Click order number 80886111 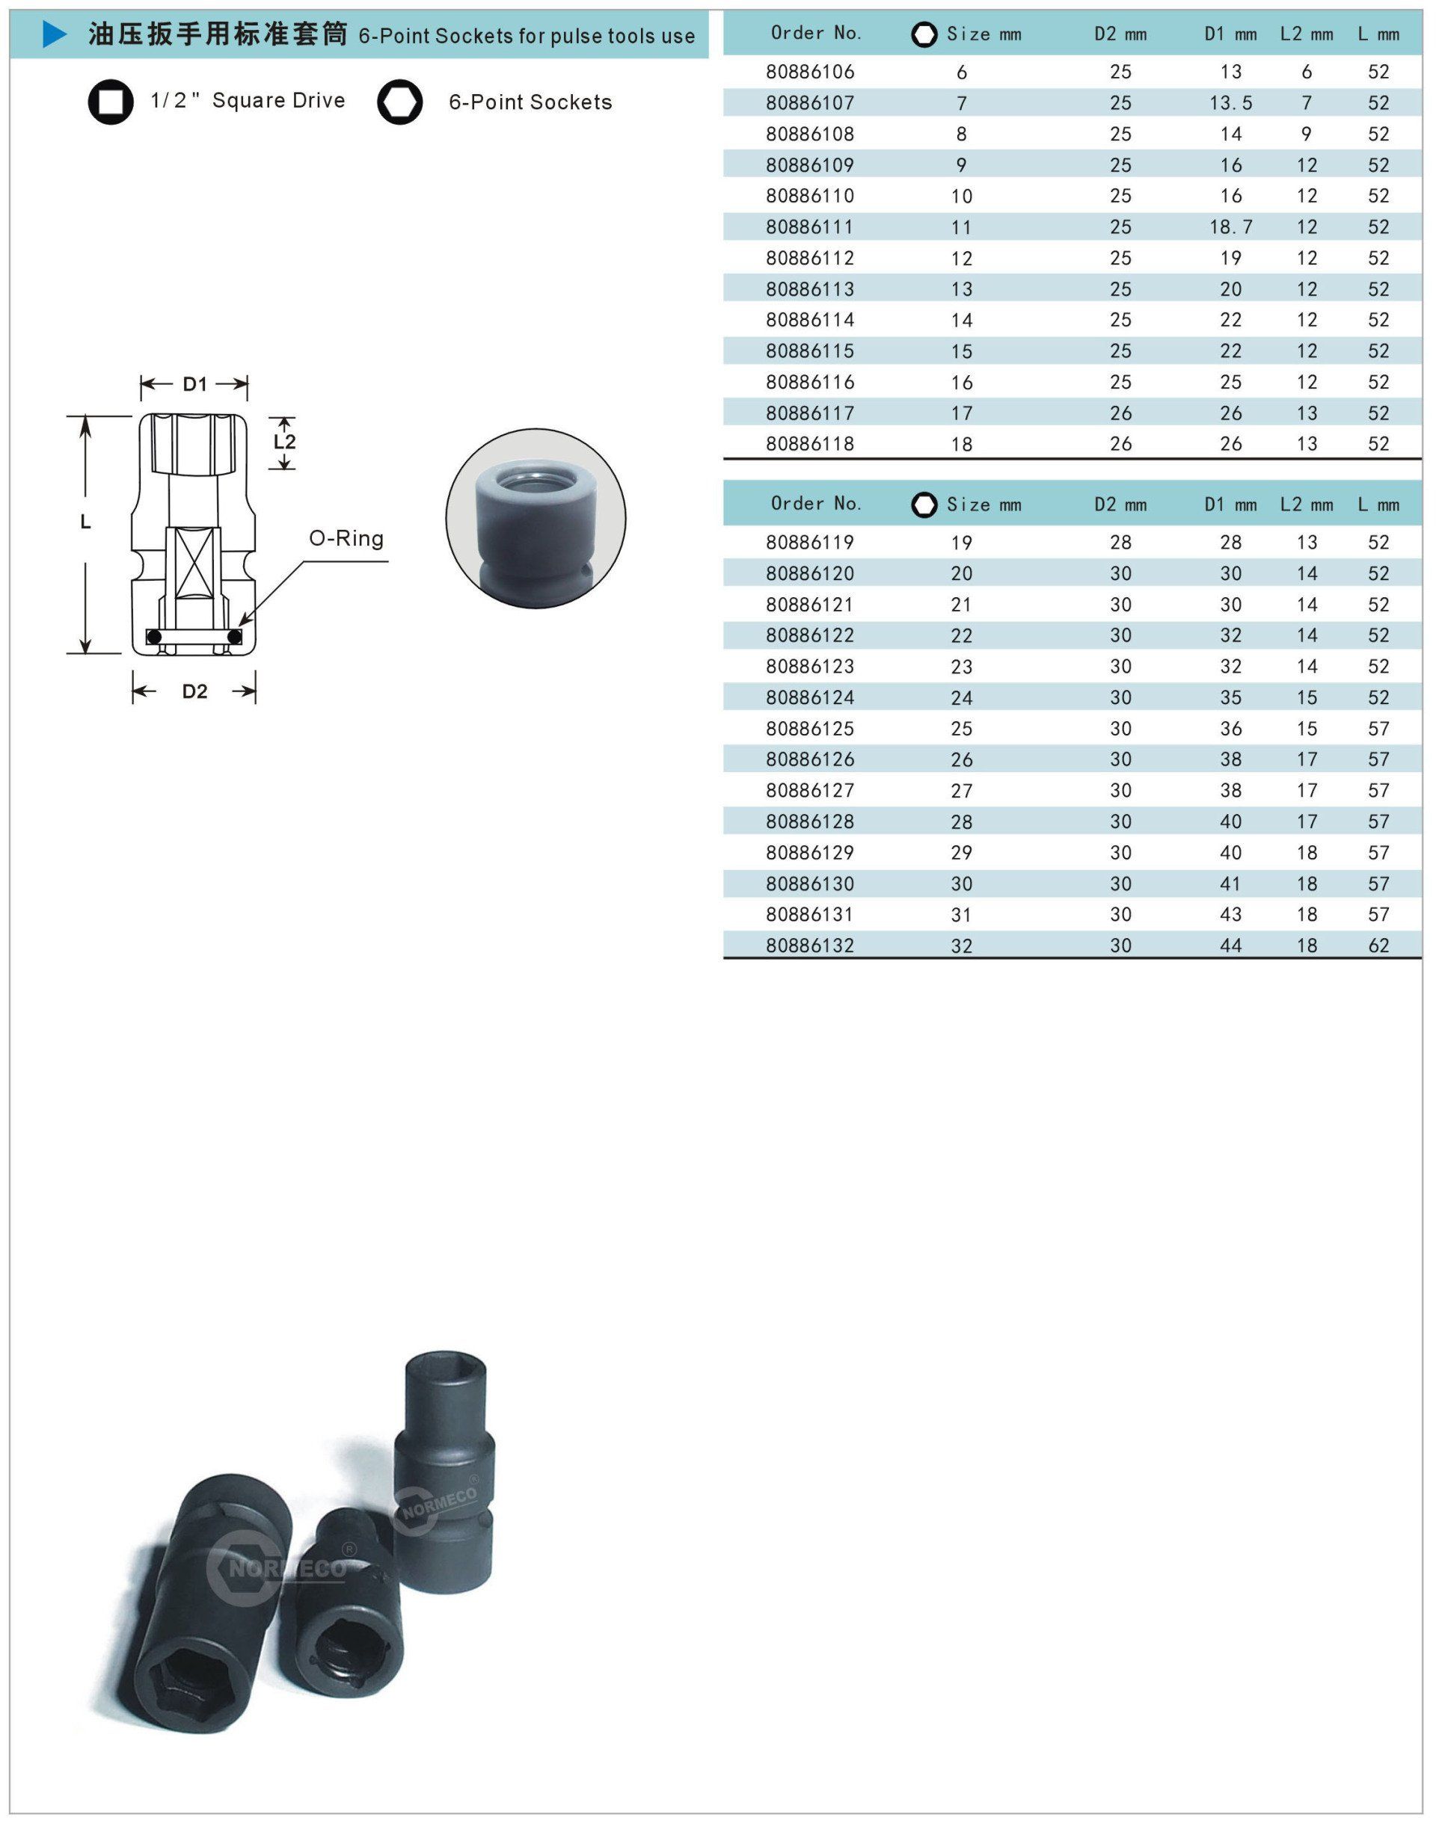click(x=810, y=227)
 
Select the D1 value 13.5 click(x=1231, y=103)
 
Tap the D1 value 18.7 click(x=1231, y=227)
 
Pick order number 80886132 click(x=810, y=946)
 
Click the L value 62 click(x=1379, y=946)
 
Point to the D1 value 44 click(x=1231, y=946)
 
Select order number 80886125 click(x=810, y=729)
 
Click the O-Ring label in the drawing click(x=346, y=539)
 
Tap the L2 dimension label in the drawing click(x=285, y=441)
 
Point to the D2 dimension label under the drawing click(x=195, y=691)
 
